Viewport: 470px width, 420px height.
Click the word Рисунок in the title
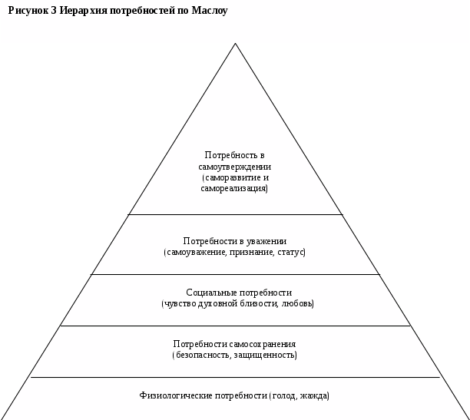click(26, 12)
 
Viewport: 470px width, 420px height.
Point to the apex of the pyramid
click(235, 44)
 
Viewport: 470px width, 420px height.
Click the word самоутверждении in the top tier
click(235, 167)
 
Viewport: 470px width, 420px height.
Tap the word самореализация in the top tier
click(235, 188)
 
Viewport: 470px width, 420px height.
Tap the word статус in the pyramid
click(290, 252)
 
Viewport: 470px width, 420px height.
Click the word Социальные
click(210, 293)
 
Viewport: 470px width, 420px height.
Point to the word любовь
click(300, 303)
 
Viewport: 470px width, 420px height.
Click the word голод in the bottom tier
click(285, 396)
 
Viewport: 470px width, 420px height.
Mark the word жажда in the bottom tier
click(315, 396)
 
